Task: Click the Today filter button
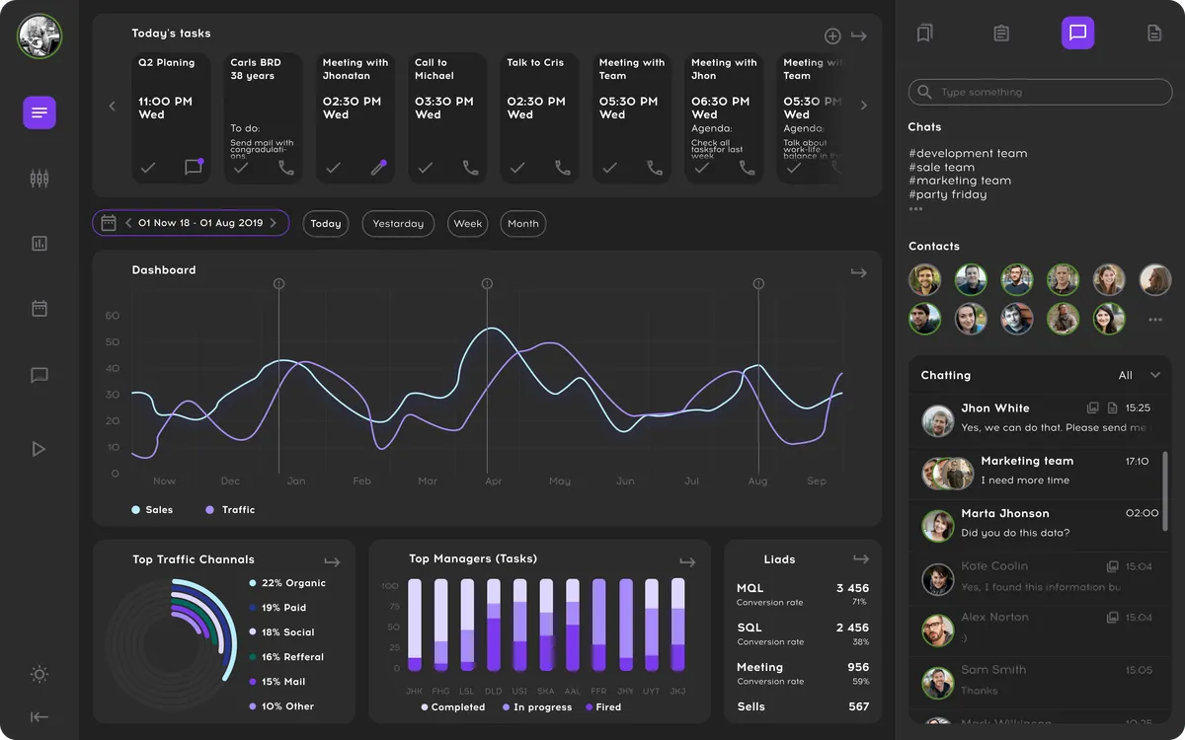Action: coord(326,224)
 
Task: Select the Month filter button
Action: coord(522,224)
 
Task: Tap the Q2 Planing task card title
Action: coord(166,63)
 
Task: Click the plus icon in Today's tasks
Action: coord(832,37)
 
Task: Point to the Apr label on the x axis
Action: coord(494,481)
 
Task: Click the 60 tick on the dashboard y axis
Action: coord(113,317)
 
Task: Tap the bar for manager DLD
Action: coord(494,625)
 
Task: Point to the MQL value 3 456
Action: coord(852,588)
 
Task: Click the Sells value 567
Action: coord(858,706)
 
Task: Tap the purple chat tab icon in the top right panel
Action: coord(1077,33)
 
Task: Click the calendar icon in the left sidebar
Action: coord(39,309)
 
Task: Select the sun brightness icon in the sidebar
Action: coord(39,675)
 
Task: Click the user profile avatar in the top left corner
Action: coord(39,37)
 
